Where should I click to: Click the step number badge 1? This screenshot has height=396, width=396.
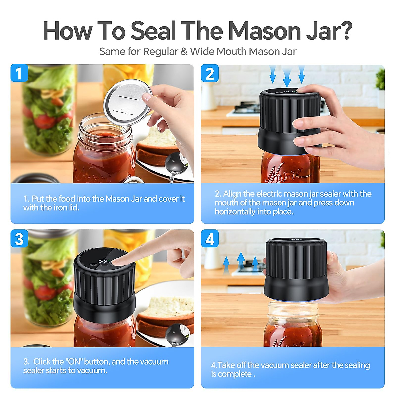coord(19,73)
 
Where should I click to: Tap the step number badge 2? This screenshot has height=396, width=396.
coord(210,73)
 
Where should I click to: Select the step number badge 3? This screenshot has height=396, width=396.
coord(19,239)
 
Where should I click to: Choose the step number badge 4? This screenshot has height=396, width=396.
coord(210,239)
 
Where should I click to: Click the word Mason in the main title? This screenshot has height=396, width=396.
coord(264,31)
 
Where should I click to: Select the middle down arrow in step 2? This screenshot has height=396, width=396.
coord(287,78)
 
